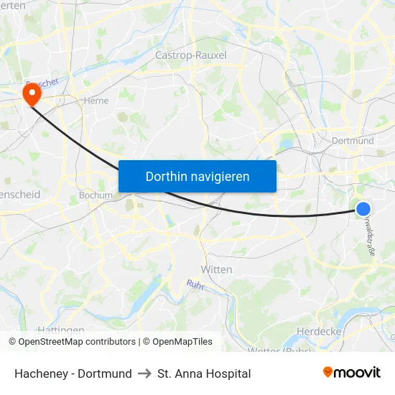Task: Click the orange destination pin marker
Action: tap(32, 94)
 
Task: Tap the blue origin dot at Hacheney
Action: tap(363, 209)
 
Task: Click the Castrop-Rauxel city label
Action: tap(191, 55)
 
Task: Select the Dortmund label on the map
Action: tap(353, 141)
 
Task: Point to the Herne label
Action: tap(96, 101)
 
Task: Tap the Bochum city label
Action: tap(96, 195)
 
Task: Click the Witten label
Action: tap(216, 269)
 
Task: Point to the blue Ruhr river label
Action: tap(196, 285)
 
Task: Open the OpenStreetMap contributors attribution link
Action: tap(73, 342)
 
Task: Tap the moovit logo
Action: tap(352, 372)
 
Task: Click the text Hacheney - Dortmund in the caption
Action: tap(73, 373)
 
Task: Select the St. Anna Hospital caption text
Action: tap(204, 373)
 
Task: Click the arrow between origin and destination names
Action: tap(144, 373)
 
